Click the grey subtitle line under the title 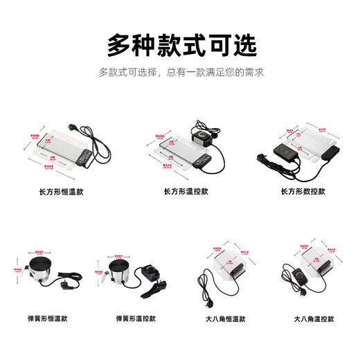tap(180, 72)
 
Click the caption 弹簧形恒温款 tap(49, 318)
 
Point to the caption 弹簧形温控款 tap(137, 318)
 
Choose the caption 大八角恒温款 tap(224, 318)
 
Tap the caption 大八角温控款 tap(313, 318)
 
